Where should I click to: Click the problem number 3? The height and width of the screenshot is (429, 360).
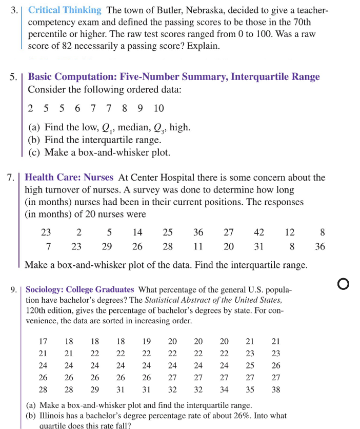tap(14, 10)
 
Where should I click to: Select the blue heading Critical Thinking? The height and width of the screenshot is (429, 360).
tap(65, 10)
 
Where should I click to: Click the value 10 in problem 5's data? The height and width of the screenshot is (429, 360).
tap(159, 108)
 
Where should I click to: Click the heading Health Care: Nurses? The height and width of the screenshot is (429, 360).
tap(69, 178)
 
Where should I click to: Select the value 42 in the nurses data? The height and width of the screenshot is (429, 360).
tap(259, 232)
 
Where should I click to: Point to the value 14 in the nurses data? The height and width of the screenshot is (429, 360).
tap(137, 232)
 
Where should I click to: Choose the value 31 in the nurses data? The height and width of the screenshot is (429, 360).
tap(259, 246)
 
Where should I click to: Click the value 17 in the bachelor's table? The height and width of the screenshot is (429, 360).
tap(44, 341)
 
